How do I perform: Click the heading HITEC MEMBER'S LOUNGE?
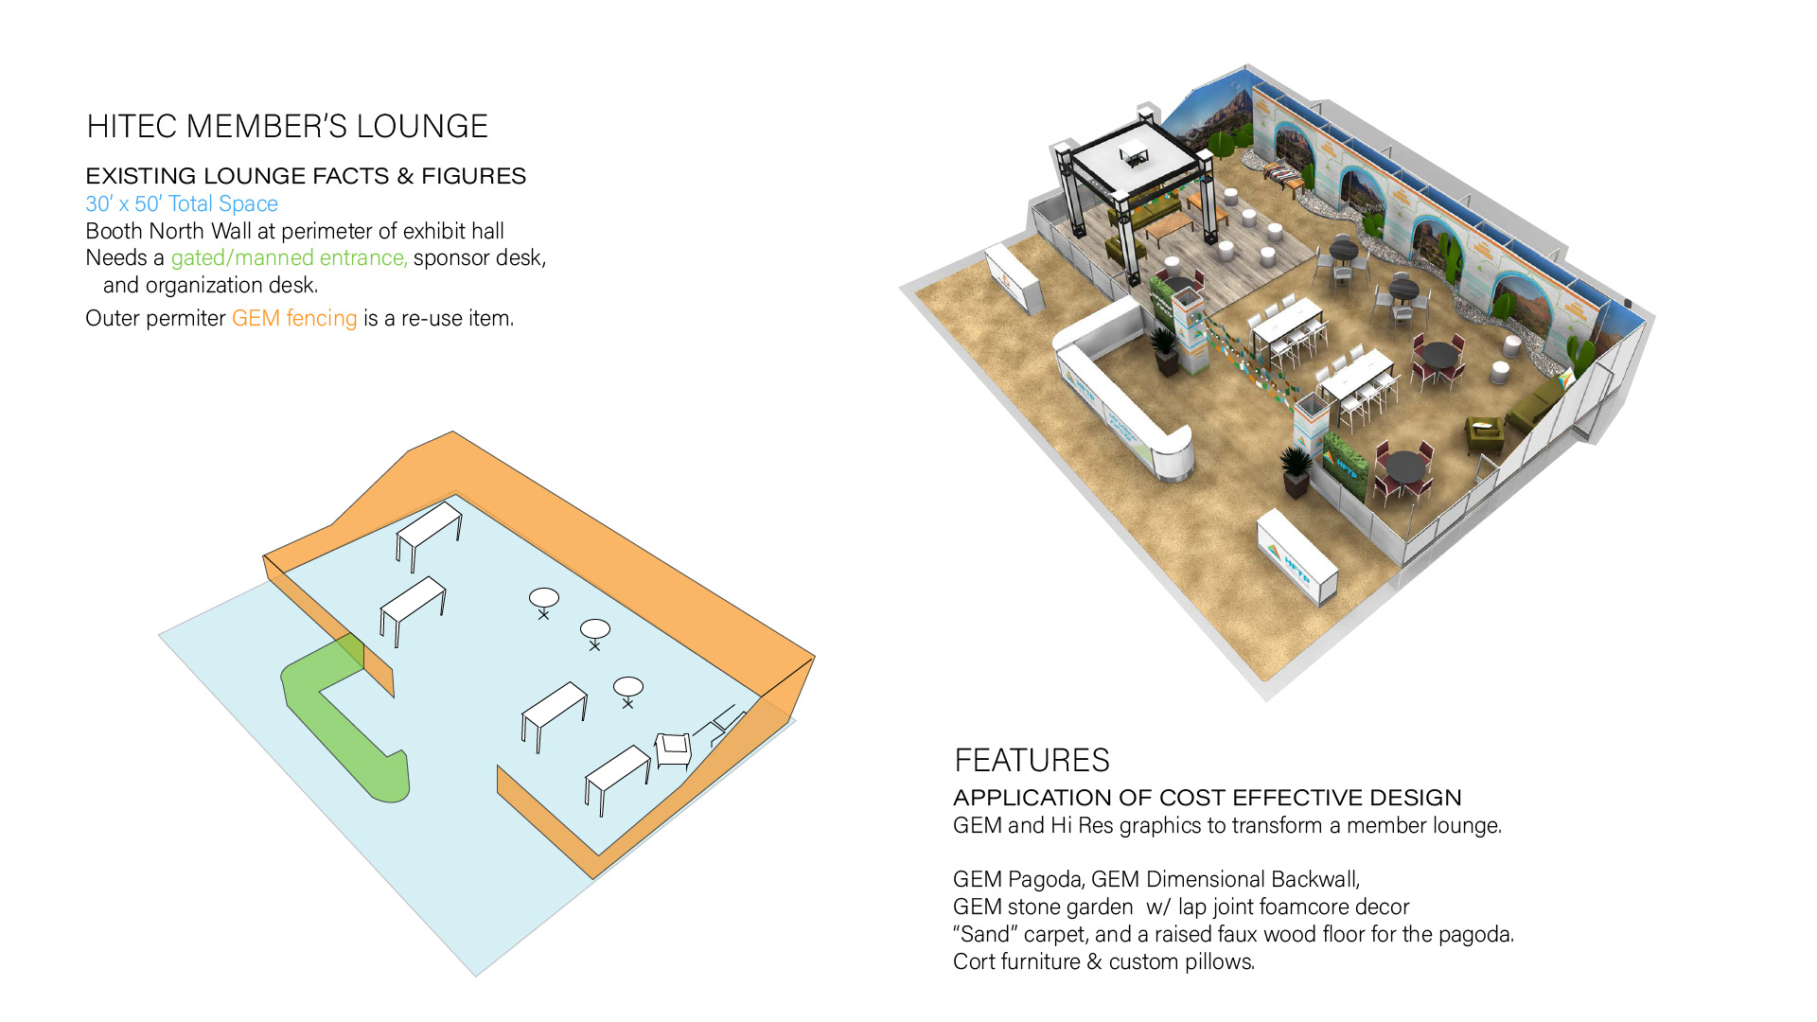coord(287,127)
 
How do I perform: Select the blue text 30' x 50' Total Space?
coord(182,203)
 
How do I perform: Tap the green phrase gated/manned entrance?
coord(289,257)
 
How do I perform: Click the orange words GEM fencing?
coord(294,318)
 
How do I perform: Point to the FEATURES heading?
coord(1032,761)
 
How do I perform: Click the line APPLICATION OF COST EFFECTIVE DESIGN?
coord(1207,798)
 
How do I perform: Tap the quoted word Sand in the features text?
coord(984,934)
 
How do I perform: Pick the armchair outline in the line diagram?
coord(673,749)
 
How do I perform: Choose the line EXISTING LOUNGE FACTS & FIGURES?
coord(306,176)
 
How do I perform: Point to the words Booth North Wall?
coord(168,231)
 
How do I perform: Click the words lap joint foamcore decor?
coord(1293,907)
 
